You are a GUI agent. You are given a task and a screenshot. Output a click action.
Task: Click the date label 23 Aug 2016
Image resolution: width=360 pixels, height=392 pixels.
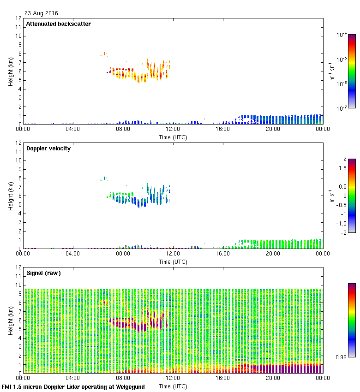(42, 13)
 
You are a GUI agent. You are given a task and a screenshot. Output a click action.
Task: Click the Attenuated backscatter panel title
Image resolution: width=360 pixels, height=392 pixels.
(58, 24)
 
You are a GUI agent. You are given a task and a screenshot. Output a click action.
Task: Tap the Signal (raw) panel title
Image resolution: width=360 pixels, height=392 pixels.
(43, 273)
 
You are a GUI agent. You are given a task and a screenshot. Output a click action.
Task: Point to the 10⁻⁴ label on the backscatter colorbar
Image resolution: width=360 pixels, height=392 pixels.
(342, 35)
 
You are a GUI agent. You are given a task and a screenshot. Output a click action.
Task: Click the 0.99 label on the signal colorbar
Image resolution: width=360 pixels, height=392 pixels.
(341, 357)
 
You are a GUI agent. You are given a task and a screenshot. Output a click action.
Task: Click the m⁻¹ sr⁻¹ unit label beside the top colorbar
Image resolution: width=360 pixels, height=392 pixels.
(332, 71)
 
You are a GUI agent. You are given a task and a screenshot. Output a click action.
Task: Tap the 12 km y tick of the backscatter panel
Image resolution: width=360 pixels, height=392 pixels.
(18, 18)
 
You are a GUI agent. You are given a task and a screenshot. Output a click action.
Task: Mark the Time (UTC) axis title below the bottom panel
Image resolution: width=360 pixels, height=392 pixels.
(173, 386)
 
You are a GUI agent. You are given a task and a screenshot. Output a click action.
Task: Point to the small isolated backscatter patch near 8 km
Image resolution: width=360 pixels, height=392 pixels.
(104, 54)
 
